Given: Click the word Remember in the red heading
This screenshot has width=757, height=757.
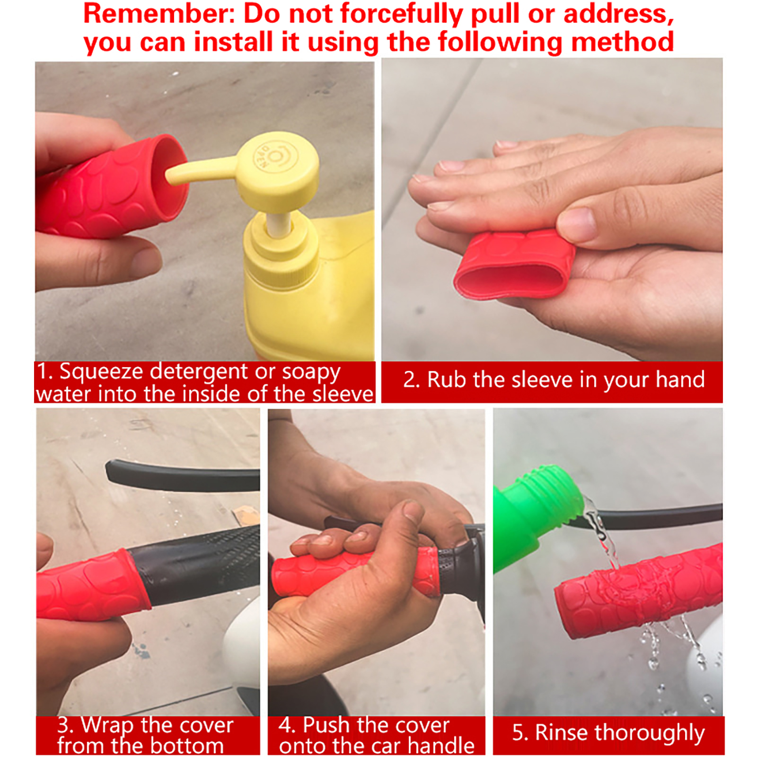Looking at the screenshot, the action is pos(159,13).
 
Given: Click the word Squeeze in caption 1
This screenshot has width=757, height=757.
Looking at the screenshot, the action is pos(101,372).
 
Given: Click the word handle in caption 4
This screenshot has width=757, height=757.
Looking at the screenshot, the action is pos(441,746).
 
